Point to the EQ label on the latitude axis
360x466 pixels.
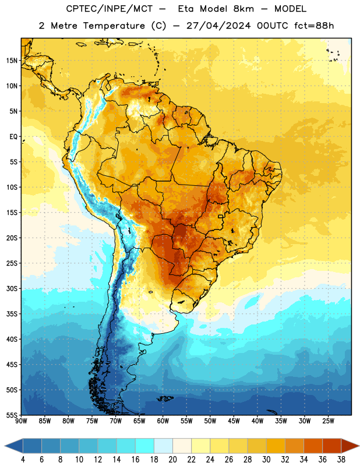tap(13, 137)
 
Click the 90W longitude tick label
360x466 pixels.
tap(21, 421)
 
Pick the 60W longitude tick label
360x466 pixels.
tap(163, 421)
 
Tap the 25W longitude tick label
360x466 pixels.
tap(328, 421)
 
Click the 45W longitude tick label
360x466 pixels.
tap(234, 421)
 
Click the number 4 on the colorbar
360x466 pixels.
tap(23, 460)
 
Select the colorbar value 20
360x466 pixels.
tap(172, 460)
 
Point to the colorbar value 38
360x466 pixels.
tap(341, 460)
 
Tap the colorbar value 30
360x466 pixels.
tap(266, 460)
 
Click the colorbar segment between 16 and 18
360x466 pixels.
tap(144, 446)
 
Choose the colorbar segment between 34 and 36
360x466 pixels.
tap(313, 446)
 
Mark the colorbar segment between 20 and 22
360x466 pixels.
tap(182, 446)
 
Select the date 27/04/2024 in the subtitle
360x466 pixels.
tap(218, 26)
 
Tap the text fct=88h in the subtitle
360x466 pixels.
tap(314, 26)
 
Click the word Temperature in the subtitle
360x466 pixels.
tap(114, 26)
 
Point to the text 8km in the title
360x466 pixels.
tap(243, 9)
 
